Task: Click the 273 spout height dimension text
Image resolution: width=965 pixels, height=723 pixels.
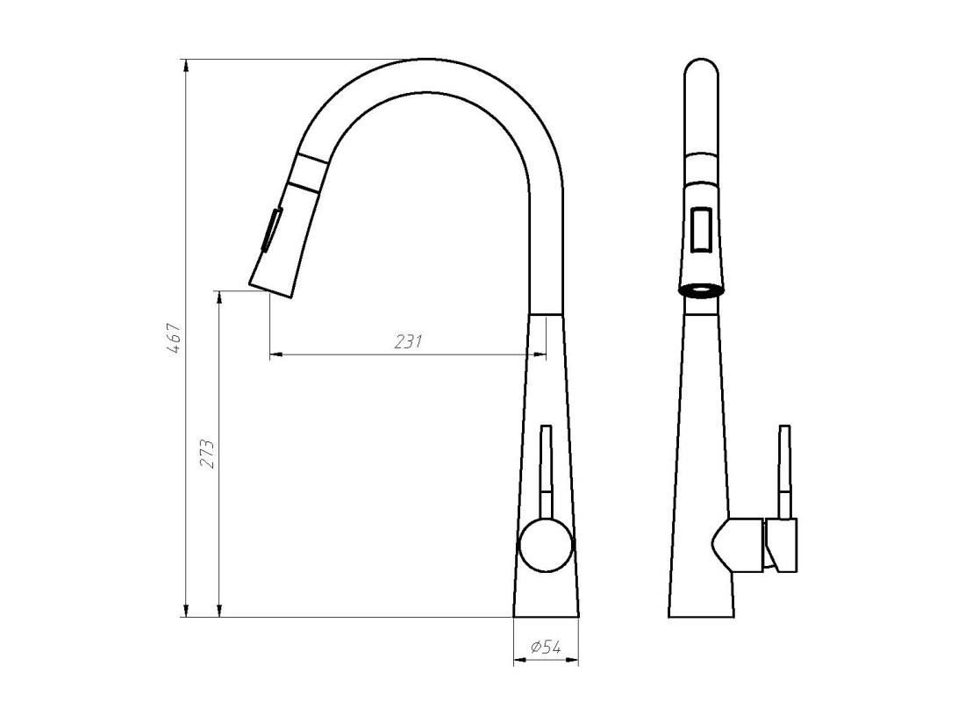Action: click(208, 454)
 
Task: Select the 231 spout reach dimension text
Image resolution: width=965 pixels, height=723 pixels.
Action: click(408, 342)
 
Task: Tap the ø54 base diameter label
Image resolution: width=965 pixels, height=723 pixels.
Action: click(546, 648)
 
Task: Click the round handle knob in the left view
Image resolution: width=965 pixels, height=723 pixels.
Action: click(546, 544)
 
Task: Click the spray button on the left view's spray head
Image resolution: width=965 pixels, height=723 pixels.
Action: click(271, 231)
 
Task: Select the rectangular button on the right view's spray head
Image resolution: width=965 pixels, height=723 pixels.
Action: click(702, 230)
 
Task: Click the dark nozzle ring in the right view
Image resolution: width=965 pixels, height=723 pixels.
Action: click(701, 290)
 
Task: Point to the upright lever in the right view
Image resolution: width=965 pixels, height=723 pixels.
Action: click(785, 469)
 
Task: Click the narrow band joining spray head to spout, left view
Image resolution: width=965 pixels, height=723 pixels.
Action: click(309, 175)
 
